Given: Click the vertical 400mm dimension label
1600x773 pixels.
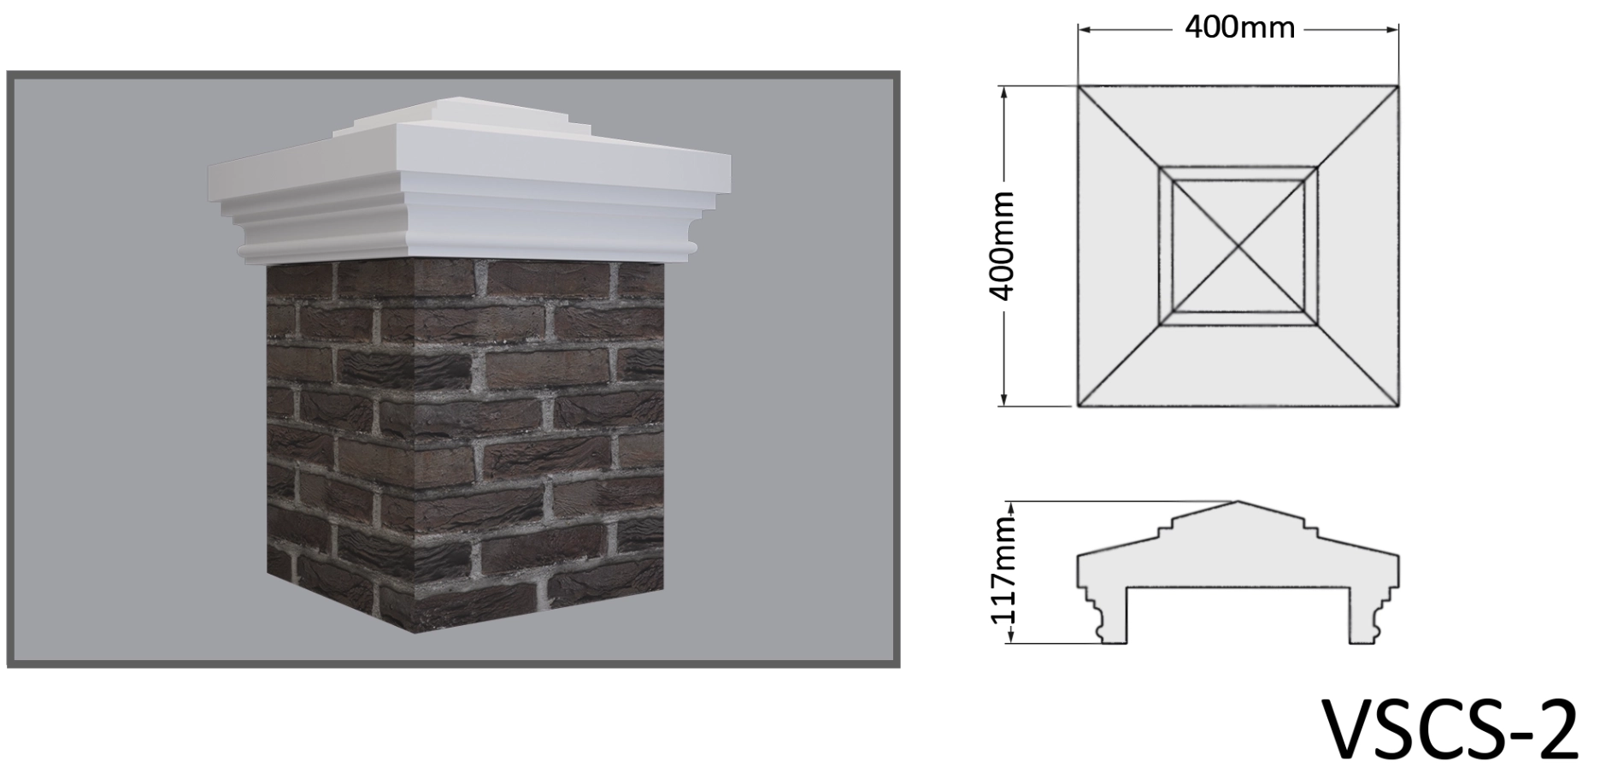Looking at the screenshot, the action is [x=1001, y=246].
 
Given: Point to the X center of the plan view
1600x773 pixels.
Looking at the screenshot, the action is [x=1238, y=246].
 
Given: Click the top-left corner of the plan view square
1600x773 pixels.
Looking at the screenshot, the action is [x=1078, y=86].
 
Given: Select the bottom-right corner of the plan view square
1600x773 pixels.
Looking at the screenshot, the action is [x=1399, y=406].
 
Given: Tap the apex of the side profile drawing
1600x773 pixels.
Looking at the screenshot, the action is [x=1238, y=502].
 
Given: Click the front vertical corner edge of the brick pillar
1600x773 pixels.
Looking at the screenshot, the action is [x=411, y=446].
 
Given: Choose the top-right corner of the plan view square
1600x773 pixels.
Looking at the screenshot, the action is [x=1399, y=86].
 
